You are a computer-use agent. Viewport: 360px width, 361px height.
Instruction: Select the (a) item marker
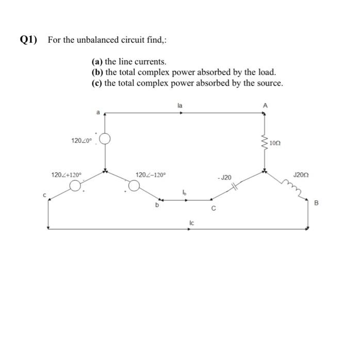[x=97, y=62]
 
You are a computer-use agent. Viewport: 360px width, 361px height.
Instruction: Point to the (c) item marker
[x=97, y=83]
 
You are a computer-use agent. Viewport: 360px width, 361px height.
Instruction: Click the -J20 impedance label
[x=226, y=177]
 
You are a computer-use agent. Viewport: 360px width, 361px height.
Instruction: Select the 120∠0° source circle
[x=105, y=140]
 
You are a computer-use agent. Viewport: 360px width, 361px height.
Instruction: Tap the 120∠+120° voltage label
[x=67, y=175]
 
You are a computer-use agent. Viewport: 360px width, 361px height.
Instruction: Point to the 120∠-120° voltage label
[x=150, y=175]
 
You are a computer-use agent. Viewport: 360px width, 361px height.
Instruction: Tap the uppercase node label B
[x=317, y=203]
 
